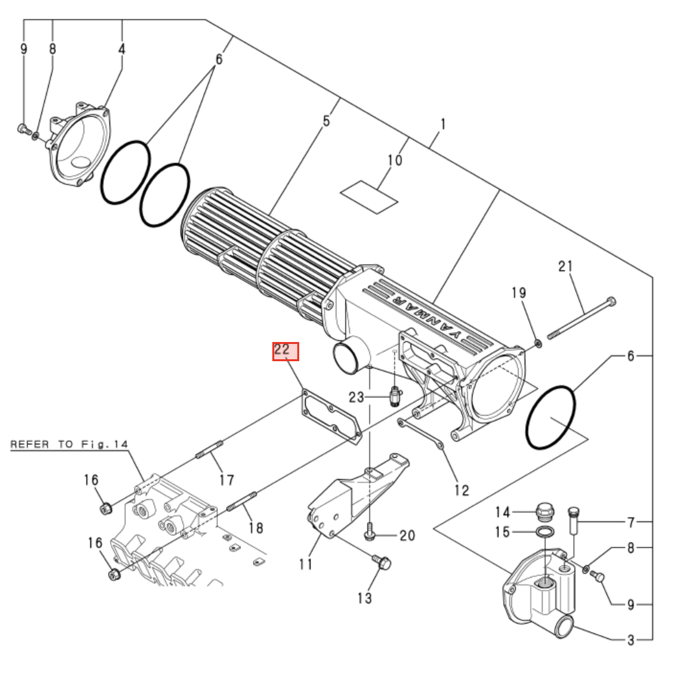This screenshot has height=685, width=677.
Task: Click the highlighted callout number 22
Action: tap(286, 351)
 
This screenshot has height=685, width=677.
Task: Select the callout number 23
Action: tap(356, 397)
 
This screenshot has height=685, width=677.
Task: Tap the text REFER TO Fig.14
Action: tap(70, 444)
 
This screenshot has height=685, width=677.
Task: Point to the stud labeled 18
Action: tap(242, 501)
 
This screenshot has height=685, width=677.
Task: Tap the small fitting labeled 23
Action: tap(395, 397)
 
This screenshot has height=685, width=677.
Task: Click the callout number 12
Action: tap(461, 490)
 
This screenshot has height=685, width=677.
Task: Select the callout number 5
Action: tap(326, 120)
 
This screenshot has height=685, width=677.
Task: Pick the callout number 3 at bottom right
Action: tap(631, 639)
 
